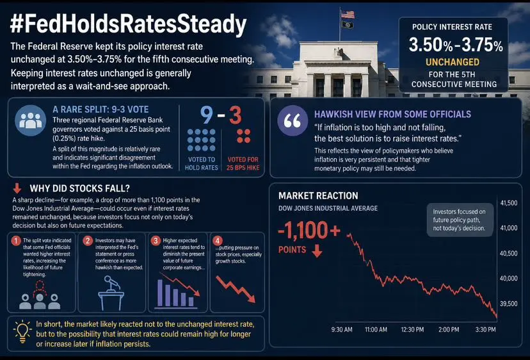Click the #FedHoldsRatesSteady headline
coord(129,24)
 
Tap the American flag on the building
coord(348,14)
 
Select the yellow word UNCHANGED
coord(453,62)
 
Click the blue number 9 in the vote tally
coord(207,115)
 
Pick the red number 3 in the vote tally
coord(236,115)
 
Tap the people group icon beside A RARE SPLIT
coord(31,120)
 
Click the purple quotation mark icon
coord(293,120)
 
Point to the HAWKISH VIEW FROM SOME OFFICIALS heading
coord(392,115)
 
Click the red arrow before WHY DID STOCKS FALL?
coord(17,188)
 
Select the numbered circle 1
coord(16,241)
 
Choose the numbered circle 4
coord(218,241)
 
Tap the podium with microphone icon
coord(111,293)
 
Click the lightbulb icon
coord(22,332)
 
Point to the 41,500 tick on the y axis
coord(509,203)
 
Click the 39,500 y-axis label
coord(509,304)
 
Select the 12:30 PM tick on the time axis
coord(412,329)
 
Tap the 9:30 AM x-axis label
coord(342,329)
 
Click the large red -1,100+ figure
coord(309,231)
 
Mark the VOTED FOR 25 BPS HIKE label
coord(243,163)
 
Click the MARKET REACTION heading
coord(318,195)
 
